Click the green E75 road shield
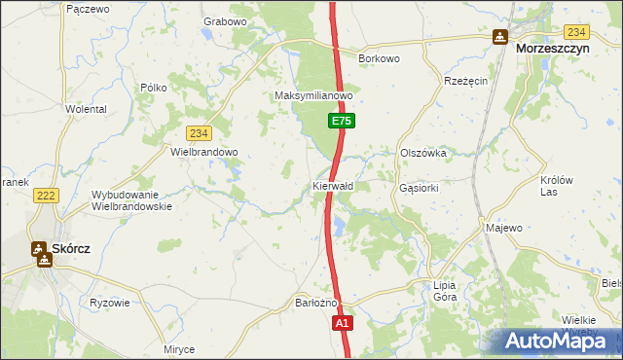[x=341, y=121]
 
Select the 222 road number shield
[x=45, y=196]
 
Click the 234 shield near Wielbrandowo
[x=199, y=133]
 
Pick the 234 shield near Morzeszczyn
[x=576, y=32]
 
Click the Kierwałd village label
[x=333, y=185]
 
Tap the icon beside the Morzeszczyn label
[x=499, y=38]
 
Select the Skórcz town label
[x=70, y=249]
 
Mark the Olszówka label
[x=422, y=153]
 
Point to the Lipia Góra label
[x=445, y=292]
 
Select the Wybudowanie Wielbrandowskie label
[x=131, y=199]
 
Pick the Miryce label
[x=179, y=349]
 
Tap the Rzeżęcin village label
[x=465, y=82]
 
